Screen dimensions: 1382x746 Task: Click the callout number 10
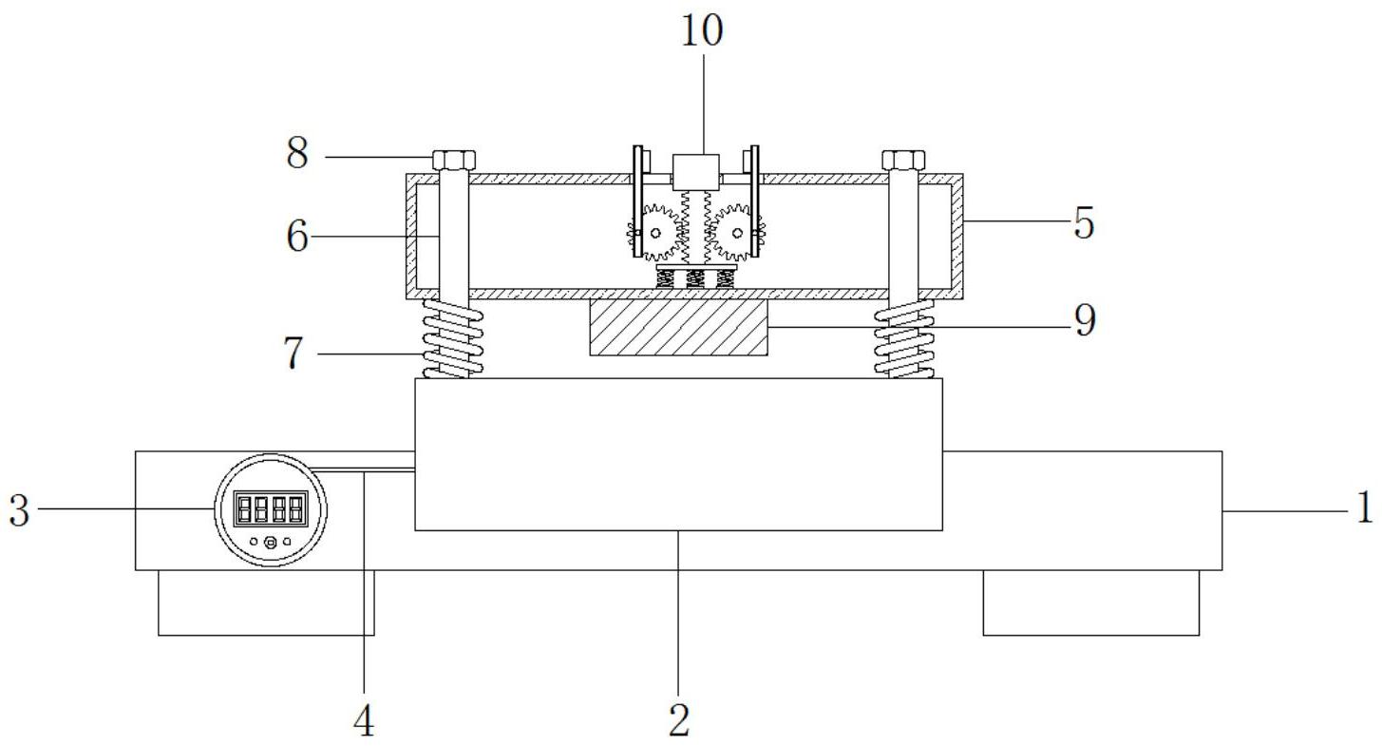(702, 30)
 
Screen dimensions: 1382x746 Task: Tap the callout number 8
(297, 153)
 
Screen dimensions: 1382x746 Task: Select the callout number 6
(296, 237)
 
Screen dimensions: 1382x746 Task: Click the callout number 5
(1084, 222)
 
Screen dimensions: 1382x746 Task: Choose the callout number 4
(364, 720)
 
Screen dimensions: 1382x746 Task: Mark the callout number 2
(679, 719)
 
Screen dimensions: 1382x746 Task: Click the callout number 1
(1365, 507)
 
